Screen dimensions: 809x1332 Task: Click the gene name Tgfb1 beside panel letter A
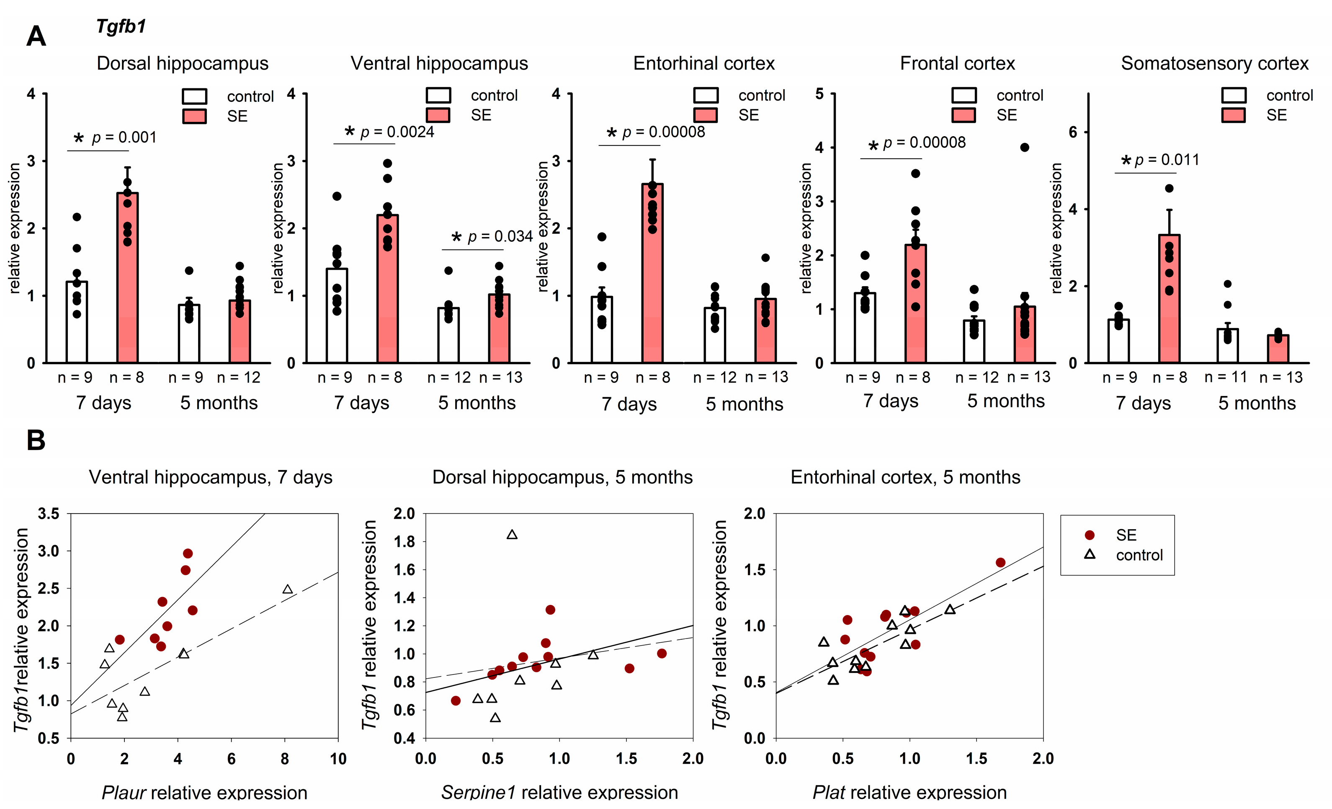(121, 26)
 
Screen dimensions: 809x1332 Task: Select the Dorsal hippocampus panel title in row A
(182, 63)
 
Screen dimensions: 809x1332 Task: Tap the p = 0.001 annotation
(124, 137)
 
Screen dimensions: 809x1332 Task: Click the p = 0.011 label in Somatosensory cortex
(1167, 160)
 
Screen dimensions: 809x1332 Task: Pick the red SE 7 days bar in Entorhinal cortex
(652, 273)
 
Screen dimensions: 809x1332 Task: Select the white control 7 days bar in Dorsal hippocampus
(77, 322)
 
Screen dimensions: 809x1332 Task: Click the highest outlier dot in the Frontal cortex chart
(1024, 147)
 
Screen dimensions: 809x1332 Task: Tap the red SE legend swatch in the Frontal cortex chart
(964, 115)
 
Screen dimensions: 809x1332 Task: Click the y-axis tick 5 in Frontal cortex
(819, 94)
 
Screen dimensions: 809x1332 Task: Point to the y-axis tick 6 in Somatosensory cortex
(1073, 132)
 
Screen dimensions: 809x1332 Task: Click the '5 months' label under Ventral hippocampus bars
(477, 403)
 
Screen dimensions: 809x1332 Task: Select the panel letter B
(36, 440)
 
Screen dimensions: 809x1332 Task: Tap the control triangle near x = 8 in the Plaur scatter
(288, 589)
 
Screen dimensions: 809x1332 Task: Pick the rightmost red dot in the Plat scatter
(1000, 562)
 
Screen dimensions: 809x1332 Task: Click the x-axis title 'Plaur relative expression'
(204, 793)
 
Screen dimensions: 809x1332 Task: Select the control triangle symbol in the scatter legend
(1090, 554)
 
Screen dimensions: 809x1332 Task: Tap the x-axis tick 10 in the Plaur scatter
(338, 759)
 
